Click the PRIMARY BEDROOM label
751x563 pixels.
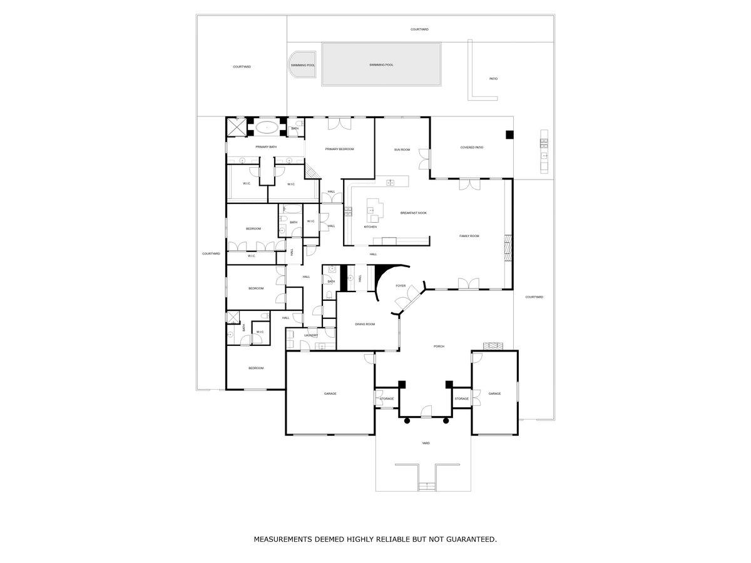339,149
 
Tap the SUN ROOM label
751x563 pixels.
402,150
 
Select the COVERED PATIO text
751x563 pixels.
472,148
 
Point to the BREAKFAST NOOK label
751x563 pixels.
414,213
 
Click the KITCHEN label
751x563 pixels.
370,226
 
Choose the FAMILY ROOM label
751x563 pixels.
469,236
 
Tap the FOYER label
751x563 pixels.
401,286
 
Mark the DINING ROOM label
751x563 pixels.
365,324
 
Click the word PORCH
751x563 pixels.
439,346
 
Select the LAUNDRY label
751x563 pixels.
311,335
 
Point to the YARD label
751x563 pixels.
426,443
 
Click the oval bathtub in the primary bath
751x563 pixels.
267,127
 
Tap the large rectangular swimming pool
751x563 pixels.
381,64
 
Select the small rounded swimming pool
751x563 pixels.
302,64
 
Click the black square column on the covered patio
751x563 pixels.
509,134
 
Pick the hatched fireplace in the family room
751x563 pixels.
508,247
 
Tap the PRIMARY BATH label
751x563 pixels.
266,147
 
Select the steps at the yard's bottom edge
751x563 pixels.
426,487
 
